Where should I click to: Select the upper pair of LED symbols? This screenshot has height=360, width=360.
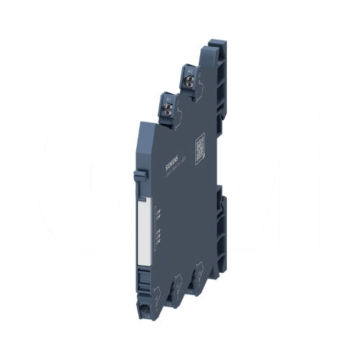(x=158, y=212)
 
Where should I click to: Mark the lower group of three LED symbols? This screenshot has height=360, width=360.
(x=158, y=236)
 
